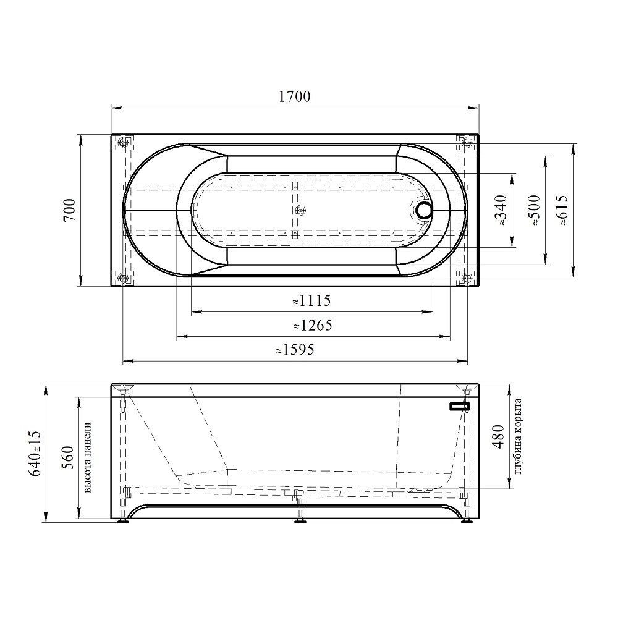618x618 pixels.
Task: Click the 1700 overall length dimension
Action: pyautogui.click(x=295, y=96)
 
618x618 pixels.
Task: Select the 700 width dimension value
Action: pyautogui.click(x=69, y=210)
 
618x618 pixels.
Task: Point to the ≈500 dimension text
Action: pyautogui.click(x=534, y=210)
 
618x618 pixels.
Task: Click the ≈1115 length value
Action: pyautogui.click(x=311, y=301)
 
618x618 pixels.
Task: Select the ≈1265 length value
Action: pyautogui.click(x=313, y=326)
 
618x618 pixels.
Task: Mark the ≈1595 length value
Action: pyautogui.click(x=295, y=350)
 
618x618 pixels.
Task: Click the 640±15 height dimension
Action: pyautogui.click(x=35, y=453)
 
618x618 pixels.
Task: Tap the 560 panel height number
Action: pyautogui.click(x=68, y=457)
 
